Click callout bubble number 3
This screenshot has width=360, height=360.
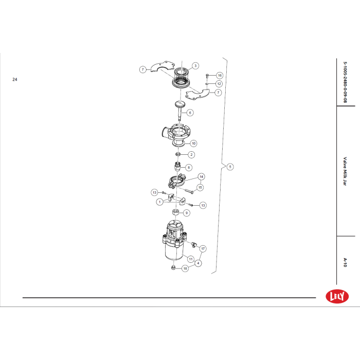(x=195, y=66)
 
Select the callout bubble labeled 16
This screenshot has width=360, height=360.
(x=220, y=75)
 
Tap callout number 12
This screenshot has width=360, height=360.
(x=219, y=84)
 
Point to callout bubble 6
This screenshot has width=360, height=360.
(x=190, y=113)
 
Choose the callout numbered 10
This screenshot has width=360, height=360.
(x=193, y=143)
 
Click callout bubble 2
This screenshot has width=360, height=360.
(x=191, y=154)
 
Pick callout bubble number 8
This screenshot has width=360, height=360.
(x=189, y=167)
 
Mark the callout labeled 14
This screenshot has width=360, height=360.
(x=202, y=176)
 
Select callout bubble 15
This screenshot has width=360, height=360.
(x=200, y=188)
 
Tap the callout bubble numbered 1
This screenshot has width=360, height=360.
(x=159, y=202)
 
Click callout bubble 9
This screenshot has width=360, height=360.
(x=186, y=213)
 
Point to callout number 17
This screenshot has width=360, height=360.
(x=203, y=248)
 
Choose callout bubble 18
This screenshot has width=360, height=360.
(x=185, y=268)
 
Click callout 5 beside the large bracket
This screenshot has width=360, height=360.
(x=230, y=167)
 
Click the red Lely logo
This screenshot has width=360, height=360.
(x=337, y=296)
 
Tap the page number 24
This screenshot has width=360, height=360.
(x=15, y=79)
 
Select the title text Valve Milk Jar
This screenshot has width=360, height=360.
(x=345, y=171)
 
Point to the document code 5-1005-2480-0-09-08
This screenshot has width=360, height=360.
(x=345, y=82)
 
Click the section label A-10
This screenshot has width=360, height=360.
(x=345, y=262)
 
